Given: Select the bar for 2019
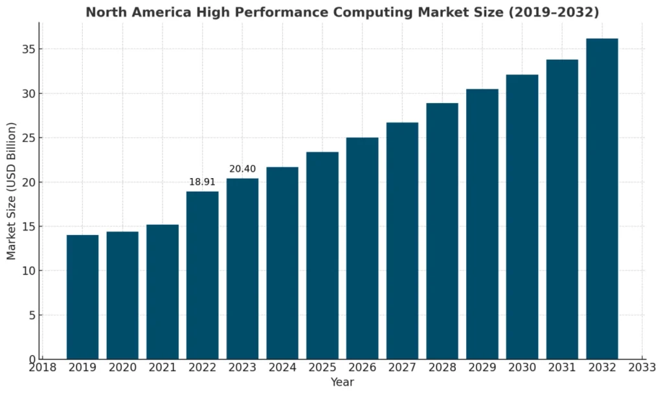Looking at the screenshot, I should click(x=82, y=297).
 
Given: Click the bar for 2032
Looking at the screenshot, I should click(x=602, y=198).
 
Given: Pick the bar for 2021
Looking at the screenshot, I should click(x=163, y=291).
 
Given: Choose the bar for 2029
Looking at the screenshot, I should click(x=482, y=223).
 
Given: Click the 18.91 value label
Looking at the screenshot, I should click(x=202, y=183).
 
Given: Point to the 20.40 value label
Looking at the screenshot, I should click(x=242, y=169).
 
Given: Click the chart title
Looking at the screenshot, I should click(x=343, y=12).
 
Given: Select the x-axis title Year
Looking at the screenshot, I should click(x=342, y=382).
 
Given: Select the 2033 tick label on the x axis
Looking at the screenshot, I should click(x=642, y=368).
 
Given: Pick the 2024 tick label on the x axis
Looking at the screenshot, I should click(x=282, y=368).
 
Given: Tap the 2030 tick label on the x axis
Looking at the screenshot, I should click(x=522, y=368).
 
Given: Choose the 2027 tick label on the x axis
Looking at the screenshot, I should click(x=402, y=368).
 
